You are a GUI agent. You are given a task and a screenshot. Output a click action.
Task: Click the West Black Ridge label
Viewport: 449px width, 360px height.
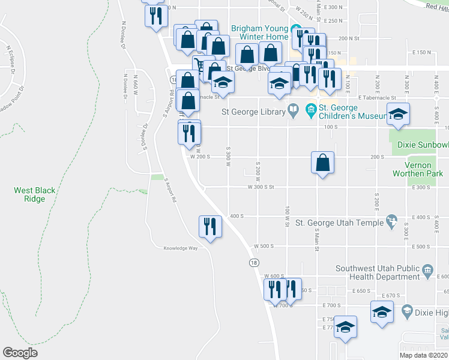pyautogui.click(x=35, y=194)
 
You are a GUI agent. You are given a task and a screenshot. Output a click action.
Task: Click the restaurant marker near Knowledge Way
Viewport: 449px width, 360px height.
pyautogui.click(x=210, y=227)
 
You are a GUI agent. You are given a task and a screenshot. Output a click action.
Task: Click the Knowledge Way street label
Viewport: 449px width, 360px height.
pyautogui.click(x=181, y=248)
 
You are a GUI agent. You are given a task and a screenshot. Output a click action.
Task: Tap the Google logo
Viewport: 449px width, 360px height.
pyautogui.click(x=20, y=353)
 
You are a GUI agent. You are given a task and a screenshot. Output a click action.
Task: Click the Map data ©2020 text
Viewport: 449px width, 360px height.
pyautogui.click(x=423, y=355)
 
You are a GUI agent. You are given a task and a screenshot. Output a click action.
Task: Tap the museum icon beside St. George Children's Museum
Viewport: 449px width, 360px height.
pyautogui.click(x=311, y=109)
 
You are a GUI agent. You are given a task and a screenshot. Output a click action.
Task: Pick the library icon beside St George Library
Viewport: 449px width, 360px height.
pyautogui.click(x=292, y=109)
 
